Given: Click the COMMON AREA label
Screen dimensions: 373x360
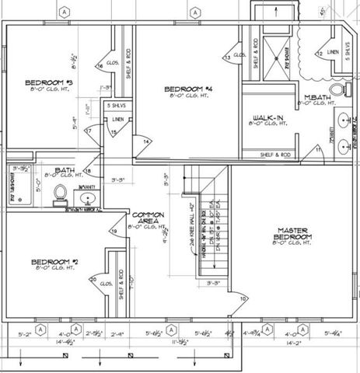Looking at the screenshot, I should pyautogui.click(x=148, y=218).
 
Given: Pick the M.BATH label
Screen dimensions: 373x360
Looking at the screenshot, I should pyautogui.click(x=315, y=99).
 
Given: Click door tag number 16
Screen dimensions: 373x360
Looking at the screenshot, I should pyautogui.click(x=100, y=67).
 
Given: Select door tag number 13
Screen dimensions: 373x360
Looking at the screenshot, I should pyautogui.click(x=226, y=58).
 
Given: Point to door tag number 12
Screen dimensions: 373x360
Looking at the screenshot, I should pyautogui.click(x=320, y=53).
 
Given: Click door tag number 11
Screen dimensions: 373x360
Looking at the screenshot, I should pyautogui.click(x=318, y=148).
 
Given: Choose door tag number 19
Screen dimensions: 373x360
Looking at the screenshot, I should pyautogui.click(x=114, y=231).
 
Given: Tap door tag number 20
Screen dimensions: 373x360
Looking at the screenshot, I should pyautogui.click(x=93, y=280).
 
